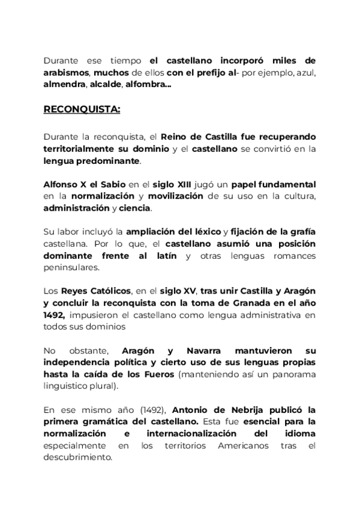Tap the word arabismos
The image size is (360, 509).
pyautogui.click(x=66, y=73)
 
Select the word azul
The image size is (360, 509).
pyautogui.click(x=304, y=73)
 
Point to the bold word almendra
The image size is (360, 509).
pyautogui.click(x=64, y=85)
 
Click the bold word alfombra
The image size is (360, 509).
pyautogui.click(x=147, y=85)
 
